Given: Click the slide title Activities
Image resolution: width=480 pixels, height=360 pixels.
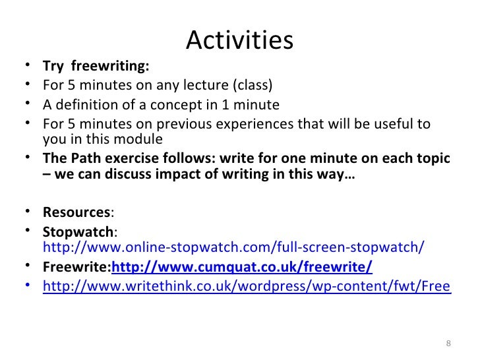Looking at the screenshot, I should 239,41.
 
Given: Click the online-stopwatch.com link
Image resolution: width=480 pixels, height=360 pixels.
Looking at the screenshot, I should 233,248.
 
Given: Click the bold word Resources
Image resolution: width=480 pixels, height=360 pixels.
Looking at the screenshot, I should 77,213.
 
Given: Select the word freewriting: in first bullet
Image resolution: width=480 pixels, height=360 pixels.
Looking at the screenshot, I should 109,67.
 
